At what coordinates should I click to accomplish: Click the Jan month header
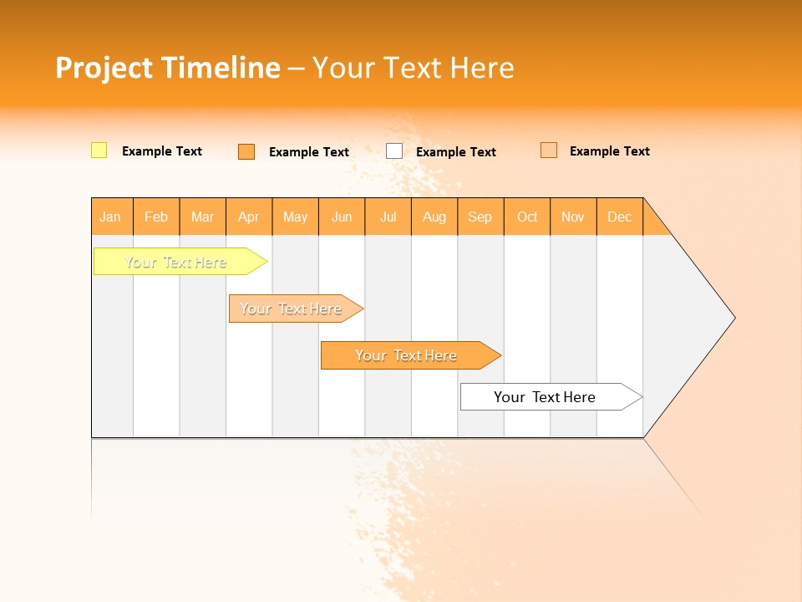pyautogui.click(x=111, y=217)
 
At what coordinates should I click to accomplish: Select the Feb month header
pyautogui.click(x=156, y=217)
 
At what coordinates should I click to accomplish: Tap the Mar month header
pyautogui.click(x=202, y=217)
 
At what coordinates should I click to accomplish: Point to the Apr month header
pyautogui.click(x=249, y=217)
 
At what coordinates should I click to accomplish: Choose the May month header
pyautogui.click(x=295, y=217)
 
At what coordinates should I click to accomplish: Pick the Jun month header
pyautogui.click(x=342, y=217)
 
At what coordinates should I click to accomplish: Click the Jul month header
pyautogui.click(x=388, y=217)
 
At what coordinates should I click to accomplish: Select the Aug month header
pyautogui.click(x=434, y=217)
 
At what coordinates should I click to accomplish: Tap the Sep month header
pyautogui.click(x=480, y=217)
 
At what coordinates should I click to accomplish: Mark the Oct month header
pyautogui.click(x=527, y=217)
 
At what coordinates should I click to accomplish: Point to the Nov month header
pyautogui.click(x=573, y=217)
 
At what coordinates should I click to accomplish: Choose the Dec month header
pyautogui.click(x=620, y=217)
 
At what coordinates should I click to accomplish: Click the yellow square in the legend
pyautogui.click(x=99, y=150)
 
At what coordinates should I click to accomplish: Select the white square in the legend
pyautogui.click(x=394, y=151)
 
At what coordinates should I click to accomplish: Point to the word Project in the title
pyautogui.click(x=104, y=68)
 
